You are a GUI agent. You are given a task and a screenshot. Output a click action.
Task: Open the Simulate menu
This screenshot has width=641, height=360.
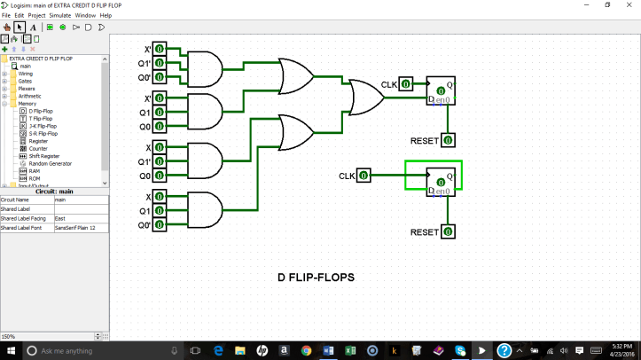(60, 15)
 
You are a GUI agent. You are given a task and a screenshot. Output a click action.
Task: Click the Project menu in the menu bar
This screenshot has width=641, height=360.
(36, 15)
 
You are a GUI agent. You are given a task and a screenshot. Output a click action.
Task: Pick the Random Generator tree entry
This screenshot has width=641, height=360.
(50, 163)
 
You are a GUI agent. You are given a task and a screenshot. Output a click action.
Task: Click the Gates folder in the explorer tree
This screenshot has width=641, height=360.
(30, 81)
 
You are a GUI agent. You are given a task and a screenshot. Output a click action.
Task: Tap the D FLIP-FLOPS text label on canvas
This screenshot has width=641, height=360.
(316, 278)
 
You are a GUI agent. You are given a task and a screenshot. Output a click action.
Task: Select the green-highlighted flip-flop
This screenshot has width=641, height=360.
(441, 180)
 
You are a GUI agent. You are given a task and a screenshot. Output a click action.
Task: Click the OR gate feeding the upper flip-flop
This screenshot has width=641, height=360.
(363, 98)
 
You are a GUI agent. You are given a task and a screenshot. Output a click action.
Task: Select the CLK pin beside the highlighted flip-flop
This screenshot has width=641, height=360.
(361, 176)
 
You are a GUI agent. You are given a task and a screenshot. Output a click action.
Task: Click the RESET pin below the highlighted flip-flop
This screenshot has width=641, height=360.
(449, 232)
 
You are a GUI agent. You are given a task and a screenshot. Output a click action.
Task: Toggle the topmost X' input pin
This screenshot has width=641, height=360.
(160, 49)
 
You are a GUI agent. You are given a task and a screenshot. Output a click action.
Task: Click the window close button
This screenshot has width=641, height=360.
(629, 4)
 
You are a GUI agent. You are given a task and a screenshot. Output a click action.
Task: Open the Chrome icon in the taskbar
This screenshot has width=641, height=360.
(306, 351)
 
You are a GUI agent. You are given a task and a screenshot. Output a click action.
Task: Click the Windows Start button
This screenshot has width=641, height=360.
(10, 351)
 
